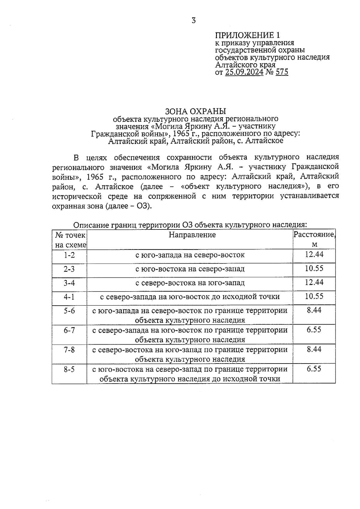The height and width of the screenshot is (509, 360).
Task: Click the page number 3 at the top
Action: coord(193,20)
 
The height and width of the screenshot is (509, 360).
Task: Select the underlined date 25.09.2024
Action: coord(244,72)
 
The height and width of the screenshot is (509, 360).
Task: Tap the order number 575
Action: coord(282,72)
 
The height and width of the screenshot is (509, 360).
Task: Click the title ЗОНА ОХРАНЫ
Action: coord(195,112)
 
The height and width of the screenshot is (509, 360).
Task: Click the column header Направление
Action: coord(192,235)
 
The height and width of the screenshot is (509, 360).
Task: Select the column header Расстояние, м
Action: coord(314,239)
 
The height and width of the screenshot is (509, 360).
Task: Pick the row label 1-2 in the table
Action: coord(69,255)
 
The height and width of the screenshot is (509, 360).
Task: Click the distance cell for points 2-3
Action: coord(314,268)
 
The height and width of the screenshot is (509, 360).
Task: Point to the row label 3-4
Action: coord(69,283)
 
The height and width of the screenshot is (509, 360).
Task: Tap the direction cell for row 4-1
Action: coord(190,297)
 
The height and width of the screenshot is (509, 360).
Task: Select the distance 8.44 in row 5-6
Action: coord(314,310)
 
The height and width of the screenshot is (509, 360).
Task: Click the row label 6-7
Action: coord(69,330)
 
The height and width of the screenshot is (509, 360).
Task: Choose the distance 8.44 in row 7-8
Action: coord(314,349)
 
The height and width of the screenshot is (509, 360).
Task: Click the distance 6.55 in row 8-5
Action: coord(314,369)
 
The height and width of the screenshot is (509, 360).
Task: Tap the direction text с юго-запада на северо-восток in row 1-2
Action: coord(190,255)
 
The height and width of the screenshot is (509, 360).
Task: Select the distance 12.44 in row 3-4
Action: coord(314,282)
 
